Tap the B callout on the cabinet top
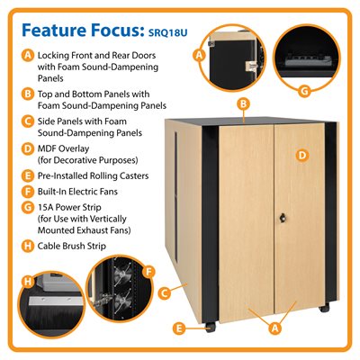pyautogui.click(x=243, y=104)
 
